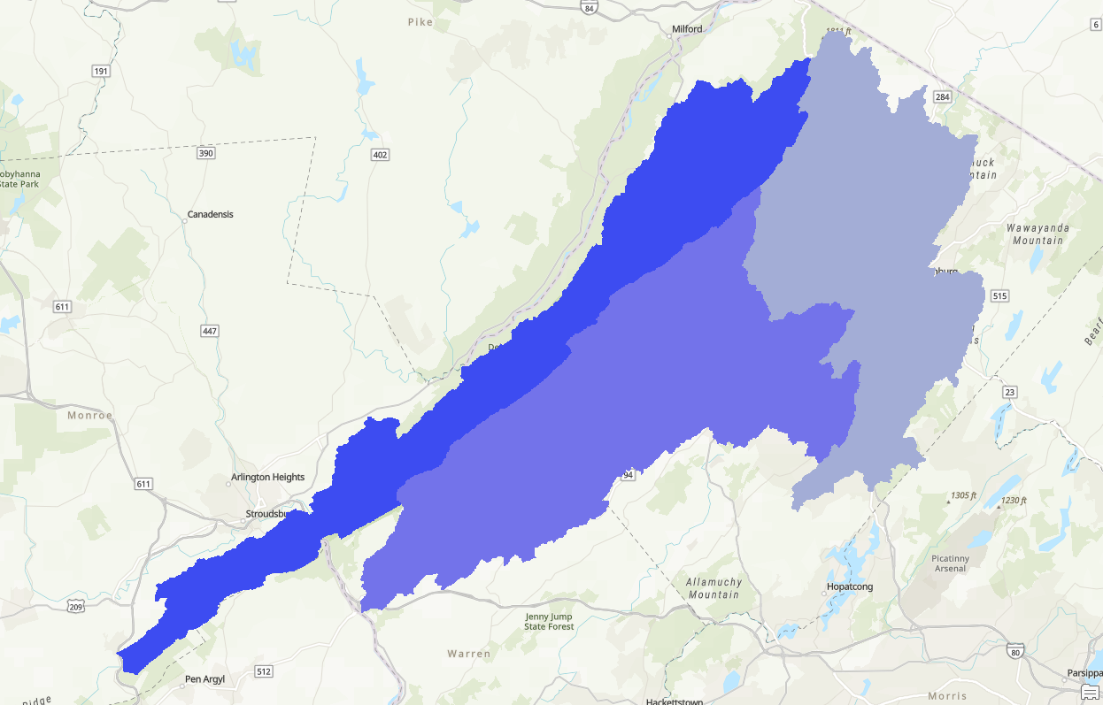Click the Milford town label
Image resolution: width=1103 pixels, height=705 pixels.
[687, 29]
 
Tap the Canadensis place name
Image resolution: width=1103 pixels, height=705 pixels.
[211, 215]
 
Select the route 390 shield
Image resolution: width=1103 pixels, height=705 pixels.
[205, 153]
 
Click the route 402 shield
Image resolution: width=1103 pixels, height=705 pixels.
[380, 155]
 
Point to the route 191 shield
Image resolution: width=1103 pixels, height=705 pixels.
[101, 71]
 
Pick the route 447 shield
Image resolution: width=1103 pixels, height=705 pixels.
[210, 331]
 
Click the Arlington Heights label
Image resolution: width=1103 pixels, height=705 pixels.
[267, 478]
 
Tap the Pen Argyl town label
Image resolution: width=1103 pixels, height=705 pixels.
[204, 680]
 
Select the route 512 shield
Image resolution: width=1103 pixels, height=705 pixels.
[264, 671]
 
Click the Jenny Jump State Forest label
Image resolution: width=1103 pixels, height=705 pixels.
[549, 622]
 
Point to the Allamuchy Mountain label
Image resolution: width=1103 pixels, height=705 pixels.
[713, 588]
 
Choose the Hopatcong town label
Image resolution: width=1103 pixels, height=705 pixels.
[849, 587]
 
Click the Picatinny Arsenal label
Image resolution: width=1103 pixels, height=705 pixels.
[950, 563]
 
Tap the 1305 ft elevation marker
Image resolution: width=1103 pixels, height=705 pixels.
[962, 495]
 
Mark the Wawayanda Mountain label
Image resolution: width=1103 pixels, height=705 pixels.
[1037, 234]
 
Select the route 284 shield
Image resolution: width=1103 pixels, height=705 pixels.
[942, 96]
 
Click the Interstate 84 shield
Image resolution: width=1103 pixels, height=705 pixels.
[590, 8]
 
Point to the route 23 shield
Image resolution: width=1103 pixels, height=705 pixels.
[1010, 392]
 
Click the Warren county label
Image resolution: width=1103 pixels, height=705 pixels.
[468, 654]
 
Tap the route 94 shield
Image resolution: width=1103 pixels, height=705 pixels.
[629, 475]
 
